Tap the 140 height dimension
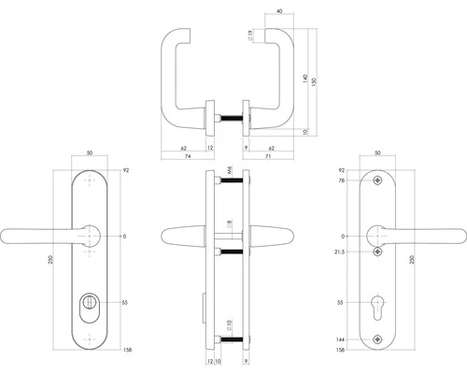tap(304, 79)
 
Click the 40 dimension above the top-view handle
tap(280, 12)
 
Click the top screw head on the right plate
tap(377, 180)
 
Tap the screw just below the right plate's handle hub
tap(377, 252)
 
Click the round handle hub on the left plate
tap(91, 234)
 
